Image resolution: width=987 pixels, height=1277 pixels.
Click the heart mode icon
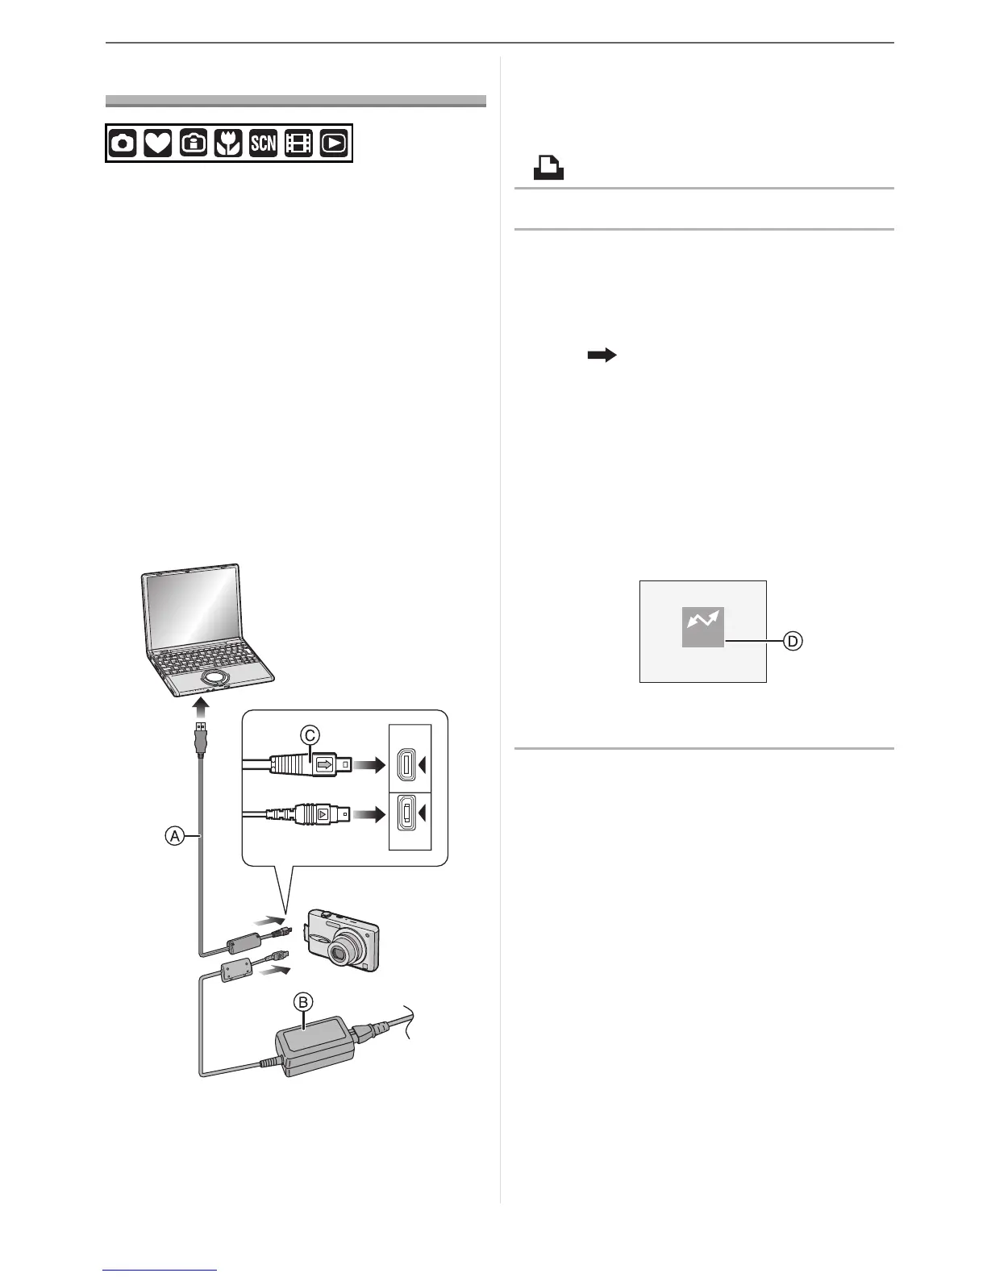157,144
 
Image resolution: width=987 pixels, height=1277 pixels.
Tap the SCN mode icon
263,144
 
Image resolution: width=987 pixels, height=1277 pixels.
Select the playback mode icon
334,144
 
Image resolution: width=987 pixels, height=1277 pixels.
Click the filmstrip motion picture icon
298,144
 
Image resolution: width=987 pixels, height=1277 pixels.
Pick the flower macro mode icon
228,144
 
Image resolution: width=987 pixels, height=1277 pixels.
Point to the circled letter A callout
173,837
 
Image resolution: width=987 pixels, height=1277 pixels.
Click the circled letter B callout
304,1002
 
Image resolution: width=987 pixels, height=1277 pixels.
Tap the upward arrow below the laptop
201,709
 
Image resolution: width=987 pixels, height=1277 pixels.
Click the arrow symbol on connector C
325,763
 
